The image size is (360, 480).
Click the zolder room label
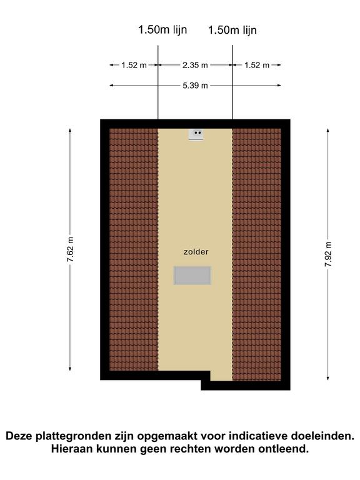(x=196, y=252)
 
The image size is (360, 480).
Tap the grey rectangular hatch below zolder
(x=192, y=276)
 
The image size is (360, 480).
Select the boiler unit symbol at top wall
(x=196, y=135)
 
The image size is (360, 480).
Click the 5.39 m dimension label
(x=195, y=86)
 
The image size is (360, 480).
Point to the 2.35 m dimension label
(x=195, y=65)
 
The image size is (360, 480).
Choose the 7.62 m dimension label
(x=71, y=249)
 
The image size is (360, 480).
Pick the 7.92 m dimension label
(x=328, y=254)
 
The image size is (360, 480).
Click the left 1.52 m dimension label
(x=134, y=65)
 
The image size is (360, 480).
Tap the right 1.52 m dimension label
(x=257, y=65)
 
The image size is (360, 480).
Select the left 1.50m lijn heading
(x=162, y=30)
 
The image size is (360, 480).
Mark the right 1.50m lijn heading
(x=232, y=30)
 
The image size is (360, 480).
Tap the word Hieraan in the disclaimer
(x=72, y=449)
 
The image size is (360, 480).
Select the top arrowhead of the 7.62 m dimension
(x=70, y=131)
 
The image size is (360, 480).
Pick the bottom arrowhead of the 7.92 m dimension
(x=328, y=378)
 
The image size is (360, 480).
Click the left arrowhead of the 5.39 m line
(x=112, y=86)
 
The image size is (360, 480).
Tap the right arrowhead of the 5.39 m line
(x=279, y=86)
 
